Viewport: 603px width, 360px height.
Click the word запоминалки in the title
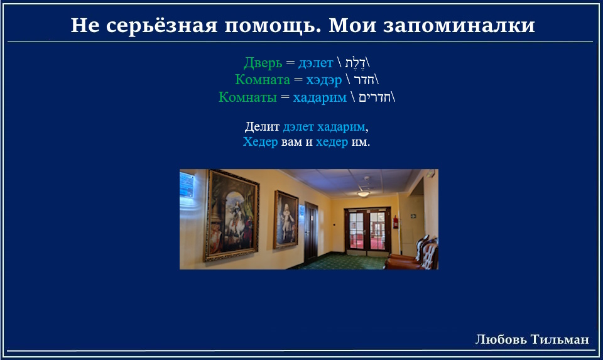click(459, 26)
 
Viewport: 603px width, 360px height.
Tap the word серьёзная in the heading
click(161, 26)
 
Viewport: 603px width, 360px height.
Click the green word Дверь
click(263, 63)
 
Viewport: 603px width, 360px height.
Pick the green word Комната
click(263, 80)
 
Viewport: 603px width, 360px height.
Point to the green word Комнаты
click(247, 97)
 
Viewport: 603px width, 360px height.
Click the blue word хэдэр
click(324, 80)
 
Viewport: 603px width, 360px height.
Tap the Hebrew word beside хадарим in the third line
click(374, 97)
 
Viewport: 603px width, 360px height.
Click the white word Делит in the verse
click(263, 126)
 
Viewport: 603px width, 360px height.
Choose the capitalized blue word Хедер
click(260, 142)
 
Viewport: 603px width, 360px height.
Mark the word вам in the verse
click(291, 143)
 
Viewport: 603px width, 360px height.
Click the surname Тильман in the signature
click(560, 339)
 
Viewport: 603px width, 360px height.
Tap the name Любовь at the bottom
click(501, 339)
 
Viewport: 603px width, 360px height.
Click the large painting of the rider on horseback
click(232, 215)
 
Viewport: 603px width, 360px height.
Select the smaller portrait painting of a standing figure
click(286, 220)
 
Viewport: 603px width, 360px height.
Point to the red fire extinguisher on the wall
click(395, 222)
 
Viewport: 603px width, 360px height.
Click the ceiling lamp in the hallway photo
click(363, 194)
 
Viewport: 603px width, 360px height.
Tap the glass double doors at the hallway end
click(367, 231)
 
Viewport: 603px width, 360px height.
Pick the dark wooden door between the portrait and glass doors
click(311, 232)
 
